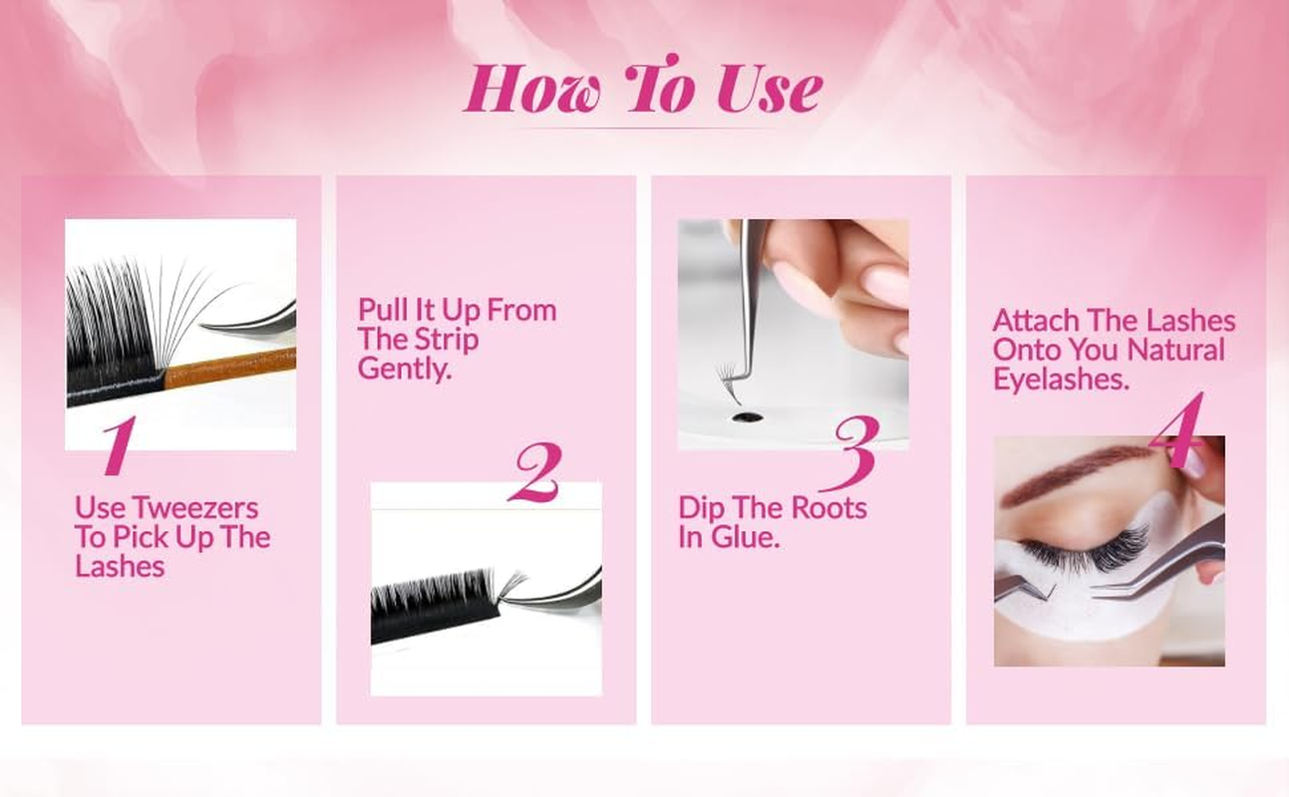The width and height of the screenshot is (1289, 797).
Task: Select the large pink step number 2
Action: tap(534, 472)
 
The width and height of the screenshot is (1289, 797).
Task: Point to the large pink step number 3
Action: tap(855, 451)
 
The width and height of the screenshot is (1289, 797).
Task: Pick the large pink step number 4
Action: tap(1177, 431)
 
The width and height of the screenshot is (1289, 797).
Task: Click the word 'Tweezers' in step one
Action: tap(195, 508)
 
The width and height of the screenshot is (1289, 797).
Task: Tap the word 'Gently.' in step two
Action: tap(406, 370)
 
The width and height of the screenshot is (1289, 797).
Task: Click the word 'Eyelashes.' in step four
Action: tap(1061, 380)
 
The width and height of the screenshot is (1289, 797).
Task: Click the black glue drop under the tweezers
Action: tap(740, 414)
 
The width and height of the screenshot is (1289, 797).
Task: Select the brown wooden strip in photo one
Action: tap(229, 370)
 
